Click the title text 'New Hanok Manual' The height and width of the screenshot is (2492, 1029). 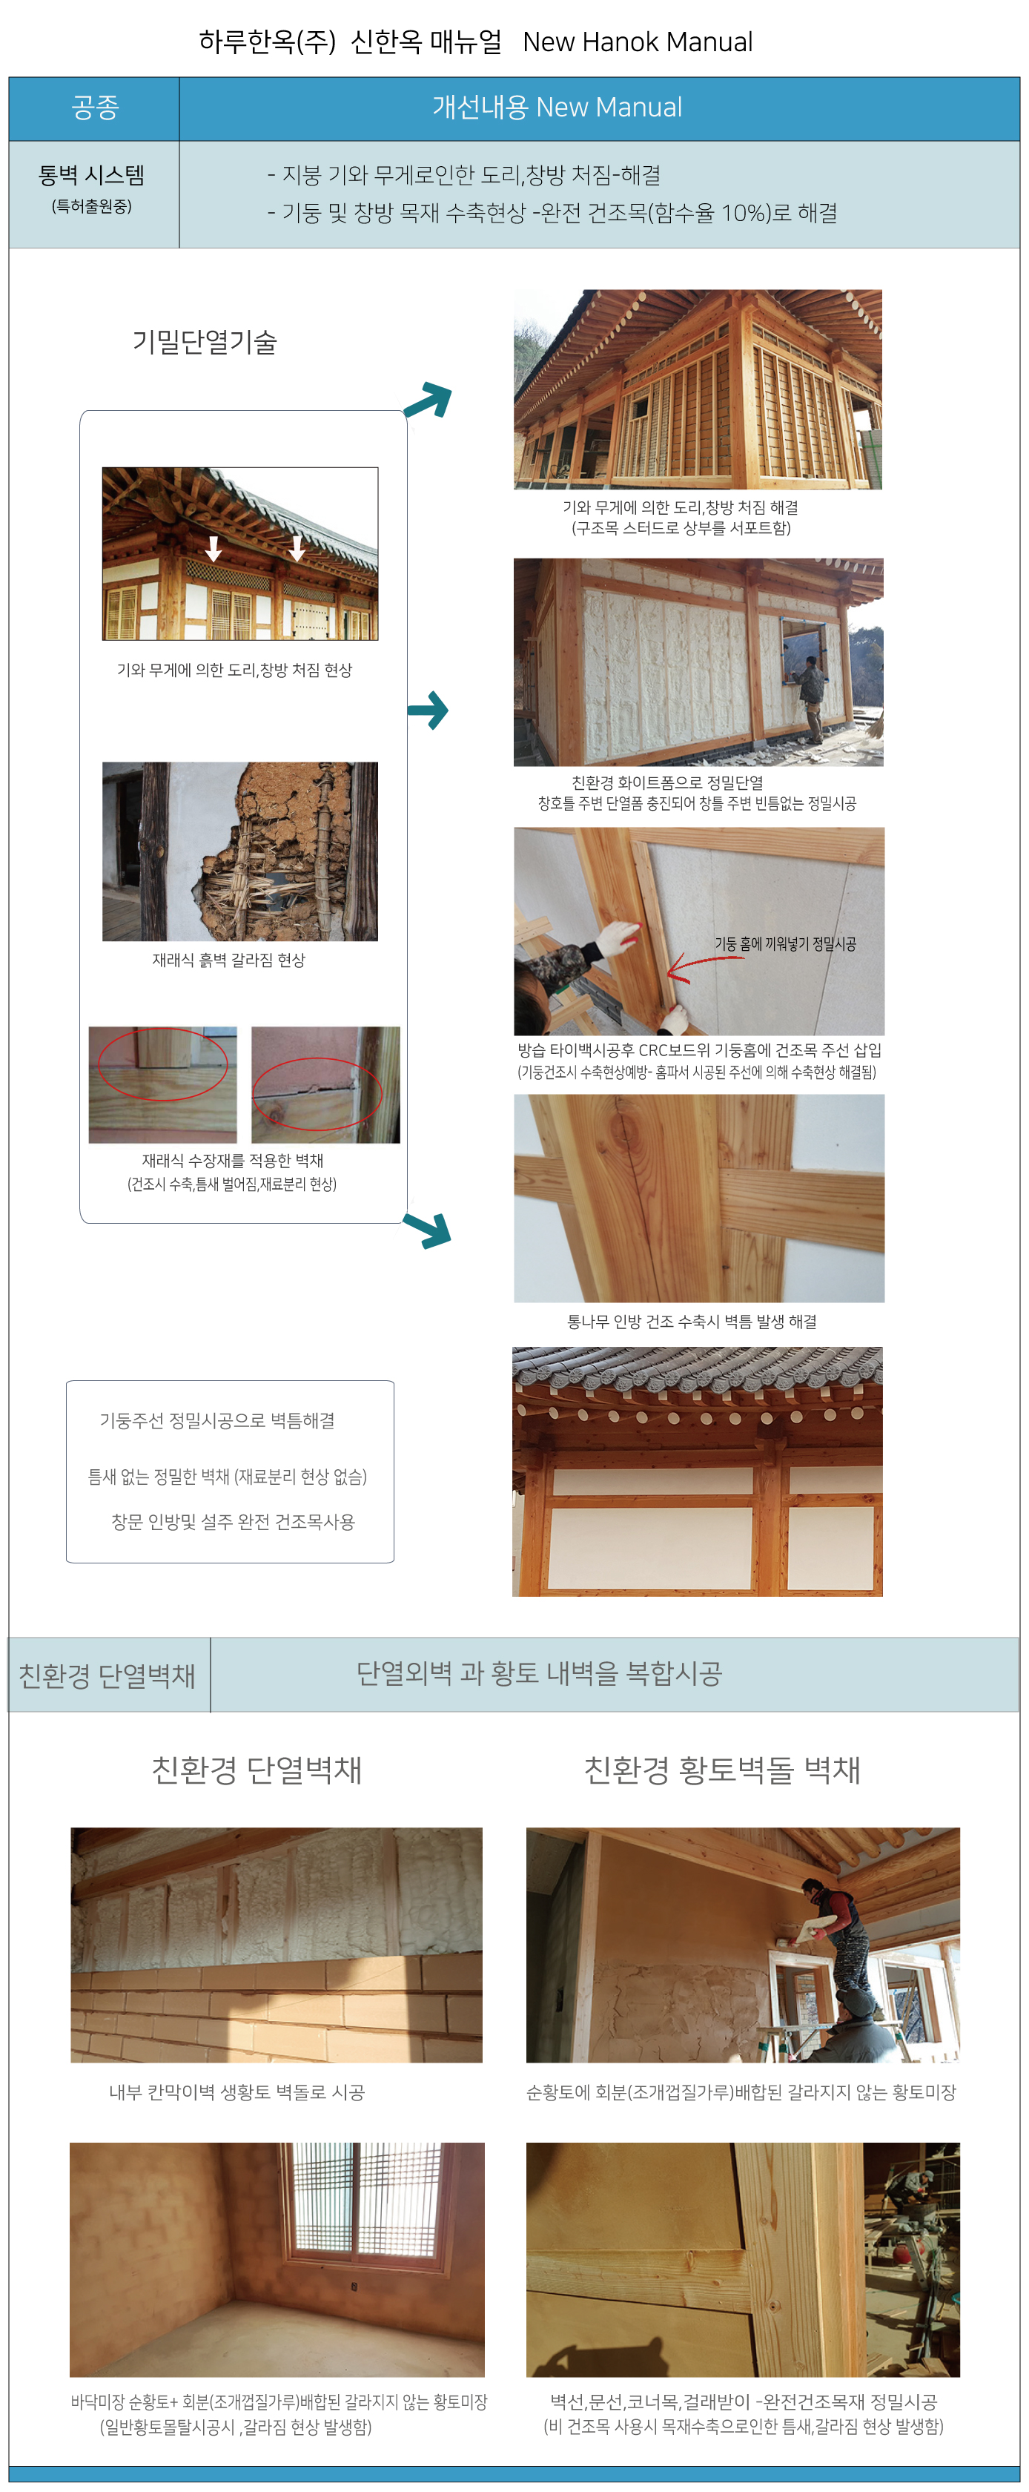click(x=638, y=42)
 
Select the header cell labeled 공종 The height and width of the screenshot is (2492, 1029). click(x=95, y=108)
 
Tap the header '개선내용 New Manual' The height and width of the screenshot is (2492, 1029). click(x=557, y=108)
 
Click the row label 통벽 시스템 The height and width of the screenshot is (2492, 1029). click(x=92, y=175)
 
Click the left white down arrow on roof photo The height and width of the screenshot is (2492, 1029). click(x=214, y=547)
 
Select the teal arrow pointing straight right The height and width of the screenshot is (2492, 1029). click(x=428, y=710)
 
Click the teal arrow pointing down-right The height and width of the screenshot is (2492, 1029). click(x=428, y=1229)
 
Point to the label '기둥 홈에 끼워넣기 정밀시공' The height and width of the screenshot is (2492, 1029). click(x=785, y=943)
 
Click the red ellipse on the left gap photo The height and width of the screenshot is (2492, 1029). click(x=162, y=1064)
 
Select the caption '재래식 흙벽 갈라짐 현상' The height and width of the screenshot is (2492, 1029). click(x=229, y=960)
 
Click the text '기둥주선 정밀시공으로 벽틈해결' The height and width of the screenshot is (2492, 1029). click(x=218, y=1420)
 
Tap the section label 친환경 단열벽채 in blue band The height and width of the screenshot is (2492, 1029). click(x=107, y=1675)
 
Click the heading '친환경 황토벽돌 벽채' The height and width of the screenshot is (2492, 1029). click(x=722, y=1770)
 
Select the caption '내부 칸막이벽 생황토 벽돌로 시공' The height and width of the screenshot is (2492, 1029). click(x=237, y=2092)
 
